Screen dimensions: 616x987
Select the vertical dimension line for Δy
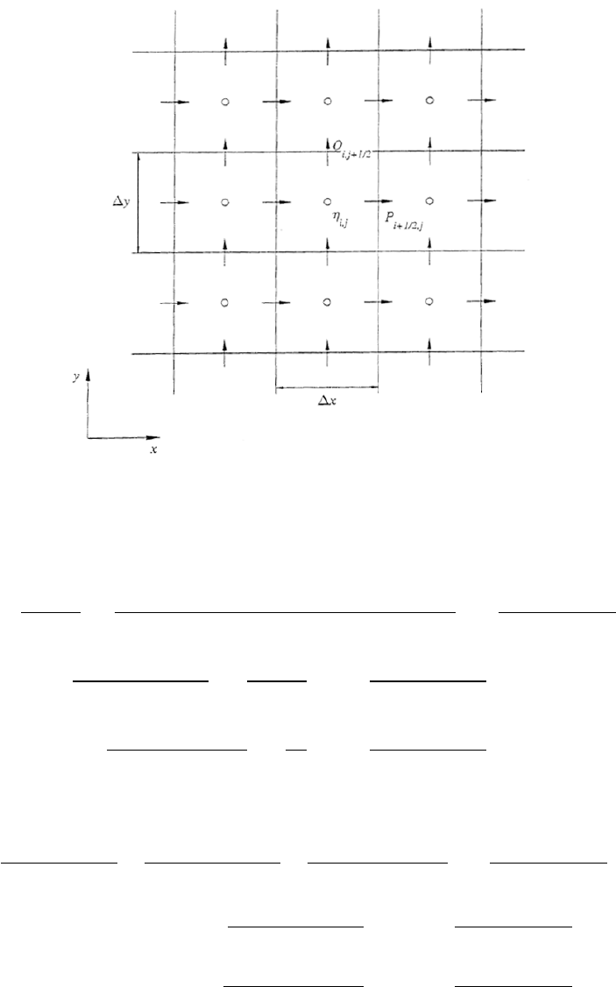pos(138,202)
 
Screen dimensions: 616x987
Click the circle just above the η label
pos(327,201)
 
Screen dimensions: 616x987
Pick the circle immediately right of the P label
pos(429,201)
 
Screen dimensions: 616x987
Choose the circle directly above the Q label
pos(327,102)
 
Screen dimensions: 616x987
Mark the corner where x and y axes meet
pos(88,436)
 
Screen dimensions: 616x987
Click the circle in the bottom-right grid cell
pos(429,302)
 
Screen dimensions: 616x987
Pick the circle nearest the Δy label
pos(225,202)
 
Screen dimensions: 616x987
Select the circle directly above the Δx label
pos(327,302)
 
